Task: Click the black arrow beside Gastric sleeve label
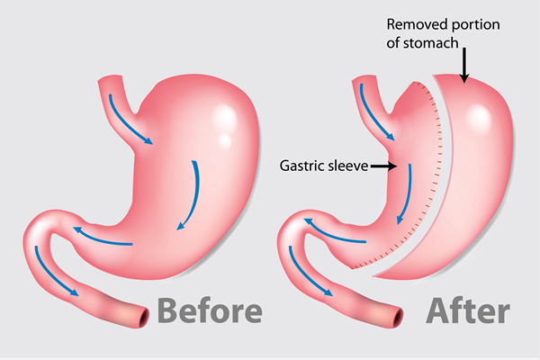click(383, 166)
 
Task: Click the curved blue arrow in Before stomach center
click(190, 194)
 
